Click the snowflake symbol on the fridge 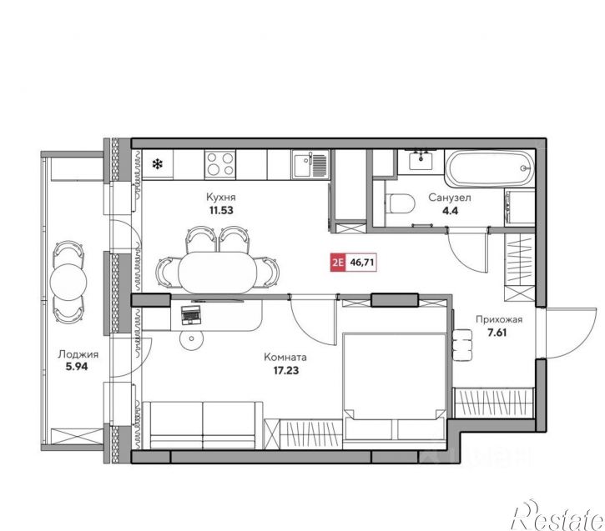(158, 164)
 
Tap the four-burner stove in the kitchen (220, 163)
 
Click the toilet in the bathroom (400, 203)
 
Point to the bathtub (490, 168)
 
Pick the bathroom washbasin (421, 161)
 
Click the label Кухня (220, 198)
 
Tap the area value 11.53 (221, 210)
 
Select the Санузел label (450, 198)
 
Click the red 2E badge (338, 263)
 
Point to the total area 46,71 (361, 263)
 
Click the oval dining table (218, 273)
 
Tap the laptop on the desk (191, 315)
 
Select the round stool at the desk (191, 339)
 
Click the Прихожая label (499, 319)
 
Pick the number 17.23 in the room (286, 371)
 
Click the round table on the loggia (68, 282)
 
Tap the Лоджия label (78, 354)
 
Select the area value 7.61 (497, 333)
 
